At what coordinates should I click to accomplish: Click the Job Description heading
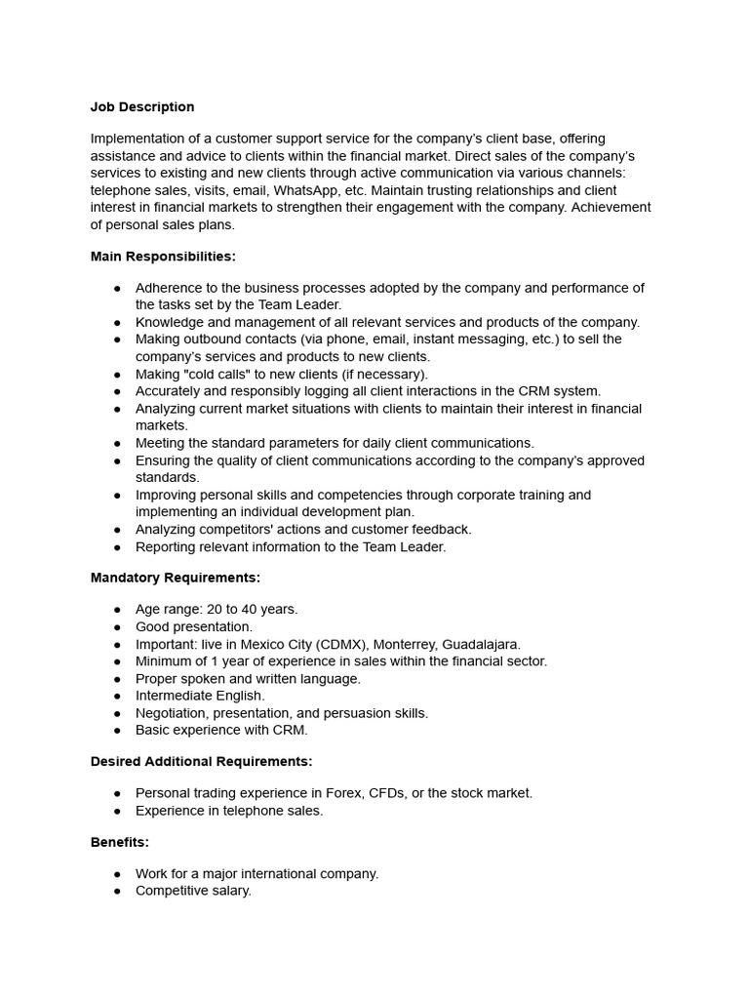(x=142, y=107)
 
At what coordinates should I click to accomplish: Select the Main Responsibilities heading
(x=163, y=257)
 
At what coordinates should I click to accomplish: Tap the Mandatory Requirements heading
(x=176, y=578)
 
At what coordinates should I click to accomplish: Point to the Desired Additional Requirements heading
(x=202, y=761)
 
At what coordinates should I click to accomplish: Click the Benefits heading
(x=120, y=842)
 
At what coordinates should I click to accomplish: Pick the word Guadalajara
(x=482, y=644)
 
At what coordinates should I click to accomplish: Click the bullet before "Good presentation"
(x=118, y=627)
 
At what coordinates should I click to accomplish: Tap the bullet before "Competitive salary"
(x=118, y=892)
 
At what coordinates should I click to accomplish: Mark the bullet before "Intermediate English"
(x=118, y=697)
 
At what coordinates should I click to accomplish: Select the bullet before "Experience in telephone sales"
(x=118, y=811)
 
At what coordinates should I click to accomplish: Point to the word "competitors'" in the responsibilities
(x=235, y=530)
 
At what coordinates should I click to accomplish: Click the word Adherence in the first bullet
(x=170, y=288)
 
